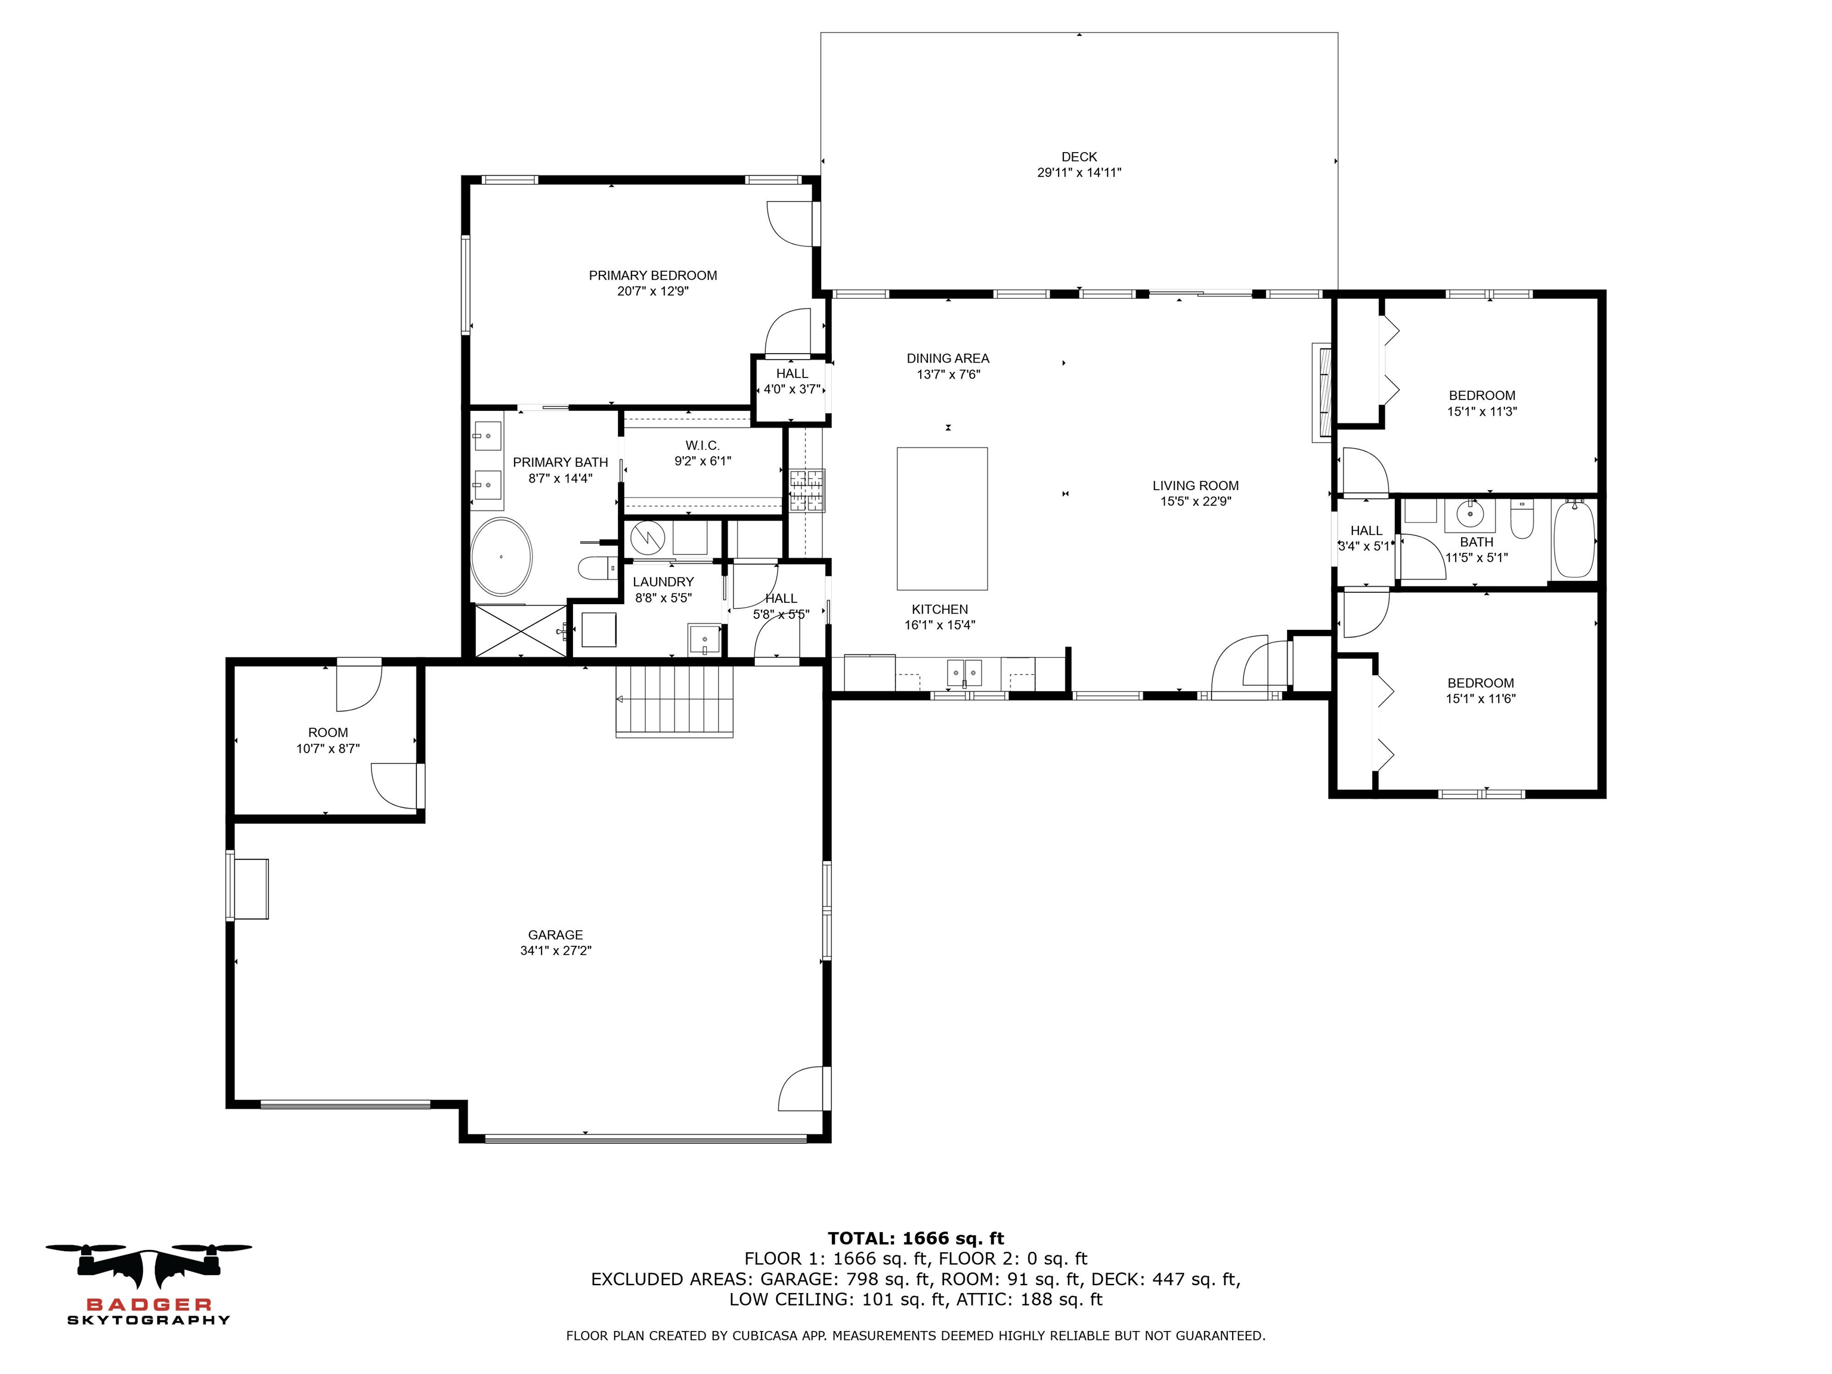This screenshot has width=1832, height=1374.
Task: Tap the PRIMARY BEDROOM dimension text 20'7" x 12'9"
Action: click(x=652, y=292)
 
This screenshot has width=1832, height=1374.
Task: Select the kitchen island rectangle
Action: click(x=942, y=518)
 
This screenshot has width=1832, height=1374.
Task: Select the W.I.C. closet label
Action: click(x=703, y=445)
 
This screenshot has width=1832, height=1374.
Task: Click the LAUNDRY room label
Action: click(x=663, y=582)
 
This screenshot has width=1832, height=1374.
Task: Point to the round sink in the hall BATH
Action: click(x=1470, y=514)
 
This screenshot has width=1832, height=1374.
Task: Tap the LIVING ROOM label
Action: click(x=1195, y=485)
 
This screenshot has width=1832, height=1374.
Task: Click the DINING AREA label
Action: click(x=948, y=358)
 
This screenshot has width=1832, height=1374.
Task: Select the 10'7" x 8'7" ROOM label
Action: click(x=328, y=741)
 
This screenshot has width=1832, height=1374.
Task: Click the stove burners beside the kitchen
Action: click(x=807, y=490)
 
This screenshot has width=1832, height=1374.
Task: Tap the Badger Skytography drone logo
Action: click(x=149, y=1271)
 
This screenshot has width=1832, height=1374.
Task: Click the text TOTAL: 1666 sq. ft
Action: click(x=915, y=1238)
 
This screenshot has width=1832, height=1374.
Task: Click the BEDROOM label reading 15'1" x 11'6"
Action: click(x=1480, y=691)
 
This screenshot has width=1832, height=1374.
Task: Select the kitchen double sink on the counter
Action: click(x=964, y=673)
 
